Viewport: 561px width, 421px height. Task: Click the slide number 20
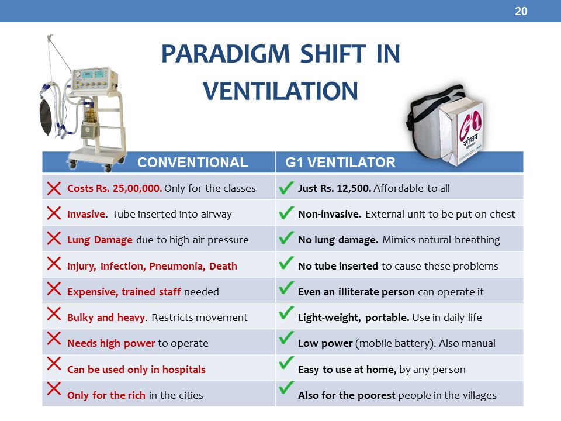tap(521, 12)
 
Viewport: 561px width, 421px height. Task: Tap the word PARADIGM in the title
tap(226, 54)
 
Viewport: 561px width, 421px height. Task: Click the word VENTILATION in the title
tap(280, 91)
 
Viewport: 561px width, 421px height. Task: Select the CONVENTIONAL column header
tap(192, 163)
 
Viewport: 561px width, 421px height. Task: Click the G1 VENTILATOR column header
tap(340, 163)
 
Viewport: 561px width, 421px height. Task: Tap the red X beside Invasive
tap(54, 213)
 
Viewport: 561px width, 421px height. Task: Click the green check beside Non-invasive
tap(286, 213)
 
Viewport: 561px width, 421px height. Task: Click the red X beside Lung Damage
tap(54, 239)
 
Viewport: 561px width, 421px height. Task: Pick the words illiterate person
tap(376, 292)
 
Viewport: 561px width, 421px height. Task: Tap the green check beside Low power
tap(286, 337)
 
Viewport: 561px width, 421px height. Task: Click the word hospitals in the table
tap(184, 370)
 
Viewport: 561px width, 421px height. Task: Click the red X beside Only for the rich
tap(54, 389)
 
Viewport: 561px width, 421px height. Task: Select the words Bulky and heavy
tap(106, 318)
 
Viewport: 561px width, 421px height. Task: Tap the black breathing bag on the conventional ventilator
tap(46, 118)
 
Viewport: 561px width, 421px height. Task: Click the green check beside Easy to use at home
tap(286, 363)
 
